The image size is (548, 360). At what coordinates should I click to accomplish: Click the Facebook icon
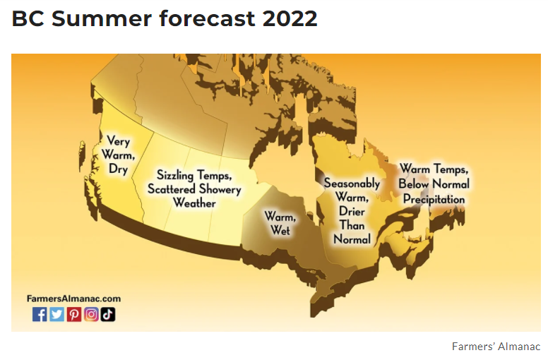(x=40, y=314)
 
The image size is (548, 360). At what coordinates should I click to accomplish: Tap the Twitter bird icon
(x=56, y=314)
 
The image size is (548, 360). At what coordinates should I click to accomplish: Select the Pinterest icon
(x=73, y=314)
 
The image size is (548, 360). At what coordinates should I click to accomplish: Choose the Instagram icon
(x=91, y=314)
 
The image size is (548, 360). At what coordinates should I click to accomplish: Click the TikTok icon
(x=108, y=314)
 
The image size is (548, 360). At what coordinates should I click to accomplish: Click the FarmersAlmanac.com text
(x=73, y=299)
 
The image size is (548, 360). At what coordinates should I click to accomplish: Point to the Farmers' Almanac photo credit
(x=496, y=347)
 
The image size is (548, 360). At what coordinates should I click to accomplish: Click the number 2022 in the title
(x=290, y=18)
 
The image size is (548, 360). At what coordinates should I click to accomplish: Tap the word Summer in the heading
(x=102, y=18)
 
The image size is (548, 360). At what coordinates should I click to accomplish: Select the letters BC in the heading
(x=28, y=18)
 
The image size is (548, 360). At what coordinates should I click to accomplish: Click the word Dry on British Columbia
(x=118, y=169)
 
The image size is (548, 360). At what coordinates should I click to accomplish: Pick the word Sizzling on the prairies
(x=174, y=175)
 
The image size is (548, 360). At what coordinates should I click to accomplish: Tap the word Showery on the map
(x=220, y=189)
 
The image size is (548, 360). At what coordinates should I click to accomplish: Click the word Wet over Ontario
(x=280, y=230)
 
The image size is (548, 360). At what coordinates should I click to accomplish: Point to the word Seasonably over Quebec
(x=352, y=184)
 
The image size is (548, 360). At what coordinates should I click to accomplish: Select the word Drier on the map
(x=352, y=211)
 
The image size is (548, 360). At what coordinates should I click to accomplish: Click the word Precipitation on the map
(x=434, y=199)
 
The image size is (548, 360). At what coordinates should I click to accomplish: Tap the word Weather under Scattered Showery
(x=194, y=203)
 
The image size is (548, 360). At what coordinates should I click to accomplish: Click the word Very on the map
(x=118, y=141)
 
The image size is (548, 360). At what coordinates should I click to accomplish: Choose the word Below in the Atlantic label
(x=413, y=184)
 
